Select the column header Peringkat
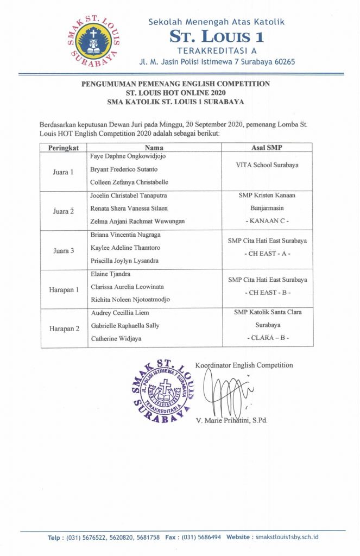pyautogui.click(x=64, y=147)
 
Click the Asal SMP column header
pyautogui.click(x=267, y=147)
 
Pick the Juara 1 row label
pyautogui.click(x=64, y=171)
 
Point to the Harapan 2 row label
pyautogui.click(x=64, y=328)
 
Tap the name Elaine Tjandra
pyautogui.click(x=111, y=275)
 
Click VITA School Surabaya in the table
pyautogui.click(x=267, y=165)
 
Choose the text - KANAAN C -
pyautogui.click(x=267, y=221)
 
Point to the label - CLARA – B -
pyautogui.click(x=267, y=338)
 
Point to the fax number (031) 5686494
pyautogui.click(x=201, y=537)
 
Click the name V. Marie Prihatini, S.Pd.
pyautogui.click(x=233, y=420)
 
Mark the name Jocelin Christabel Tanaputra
pyautogui.click(x=129, y=195)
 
